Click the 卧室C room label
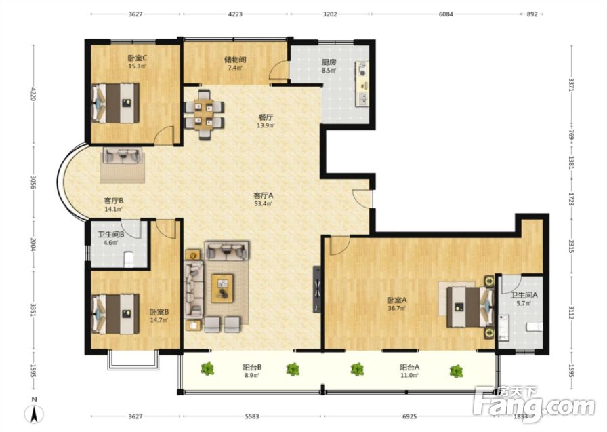[138, 58]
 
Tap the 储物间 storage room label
[235, 60]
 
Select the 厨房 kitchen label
[329, 62]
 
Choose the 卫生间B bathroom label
[110, 234]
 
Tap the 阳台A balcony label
[410, 366]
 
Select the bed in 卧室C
[115, 103]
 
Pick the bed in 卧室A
[470, 307]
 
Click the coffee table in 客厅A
[222, 288]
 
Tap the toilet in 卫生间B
[128, 260]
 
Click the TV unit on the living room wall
[317, 289]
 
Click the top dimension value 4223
[235, 14]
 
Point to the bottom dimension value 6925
[410, 416]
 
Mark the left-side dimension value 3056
[33, 182]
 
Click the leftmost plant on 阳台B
[208, 368]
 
